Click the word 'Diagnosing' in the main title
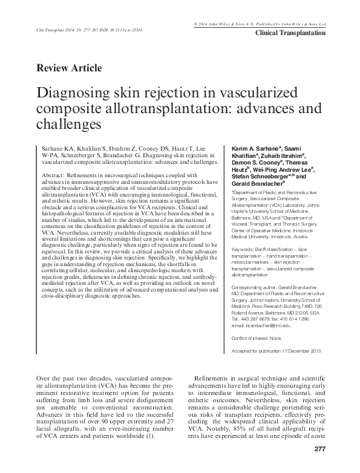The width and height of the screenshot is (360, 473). point(71,95)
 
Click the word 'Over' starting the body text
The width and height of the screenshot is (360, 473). point(44,377)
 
